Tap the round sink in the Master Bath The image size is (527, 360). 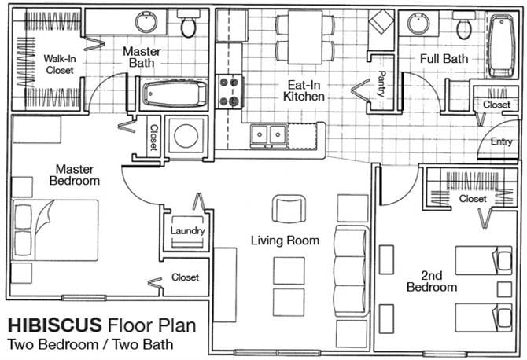coord(146,22)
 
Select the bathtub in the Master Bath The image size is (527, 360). coord(175,94)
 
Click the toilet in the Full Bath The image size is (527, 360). coord(464,25)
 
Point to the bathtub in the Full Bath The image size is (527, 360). coord(502,46)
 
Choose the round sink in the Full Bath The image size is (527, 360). coord(418,24)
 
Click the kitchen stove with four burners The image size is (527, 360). coord(229,92)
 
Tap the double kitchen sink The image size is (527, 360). coord(269,135)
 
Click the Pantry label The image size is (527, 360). coord(381,83)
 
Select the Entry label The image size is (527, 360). coord(502,141)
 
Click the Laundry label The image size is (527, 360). coord(187,231)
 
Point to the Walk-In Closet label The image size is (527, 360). coord(60,64)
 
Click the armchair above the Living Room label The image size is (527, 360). coord(289,208)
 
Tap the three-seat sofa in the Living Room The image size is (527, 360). coord(352,270)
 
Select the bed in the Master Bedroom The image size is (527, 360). coord(56,230)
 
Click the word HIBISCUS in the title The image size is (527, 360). coord(55,325)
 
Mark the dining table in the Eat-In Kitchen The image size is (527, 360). coord(305,37)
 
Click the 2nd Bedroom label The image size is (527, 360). coord(432,281)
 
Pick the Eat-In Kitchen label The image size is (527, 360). coord(304,90)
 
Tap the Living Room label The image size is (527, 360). coord(285,241)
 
